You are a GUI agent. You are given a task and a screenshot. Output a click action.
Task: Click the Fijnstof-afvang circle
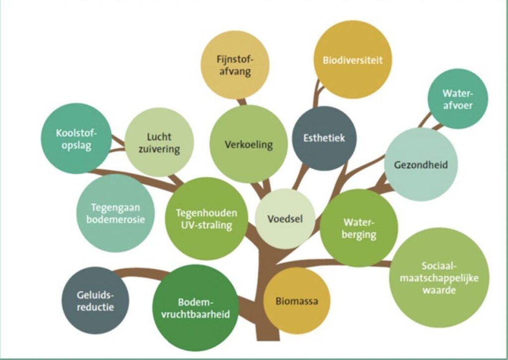[235, 65]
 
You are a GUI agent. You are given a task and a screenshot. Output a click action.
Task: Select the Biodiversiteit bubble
[353, 60]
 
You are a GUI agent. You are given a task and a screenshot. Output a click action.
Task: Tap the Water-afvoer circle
[457, 99]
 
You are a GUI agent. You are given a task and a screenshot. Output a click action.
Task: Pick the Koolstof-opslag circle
[76, 139]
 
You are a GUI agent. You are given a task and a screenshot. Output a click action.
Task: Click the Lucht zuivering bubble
[159, 143]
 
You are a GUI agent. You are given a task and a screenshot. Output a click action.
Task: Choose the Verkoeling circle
[249, 144]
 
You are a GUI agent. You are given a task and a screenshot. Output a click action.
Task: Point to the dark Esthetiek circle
[324, 138]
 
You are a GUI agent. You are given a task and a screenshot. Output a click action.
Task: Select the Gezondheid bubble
[420, 164]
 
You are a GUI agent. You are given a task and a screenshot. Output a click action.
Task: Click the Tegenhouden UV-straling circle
[206, 218]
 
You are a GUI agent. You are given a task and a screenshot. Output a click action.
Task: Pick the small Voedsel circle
[285, 218]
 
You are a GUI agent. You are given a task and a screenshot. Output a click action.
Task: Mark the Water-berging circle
[359, 228]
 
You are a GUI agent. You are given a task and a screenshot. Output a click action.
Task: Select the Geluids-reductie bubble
[95, 300]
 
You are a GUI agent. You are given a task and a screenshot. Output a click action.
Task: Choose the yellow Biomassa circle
[297, 301]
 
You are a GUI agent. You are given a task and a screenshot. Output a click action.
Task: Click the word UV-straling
[206, 225]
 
